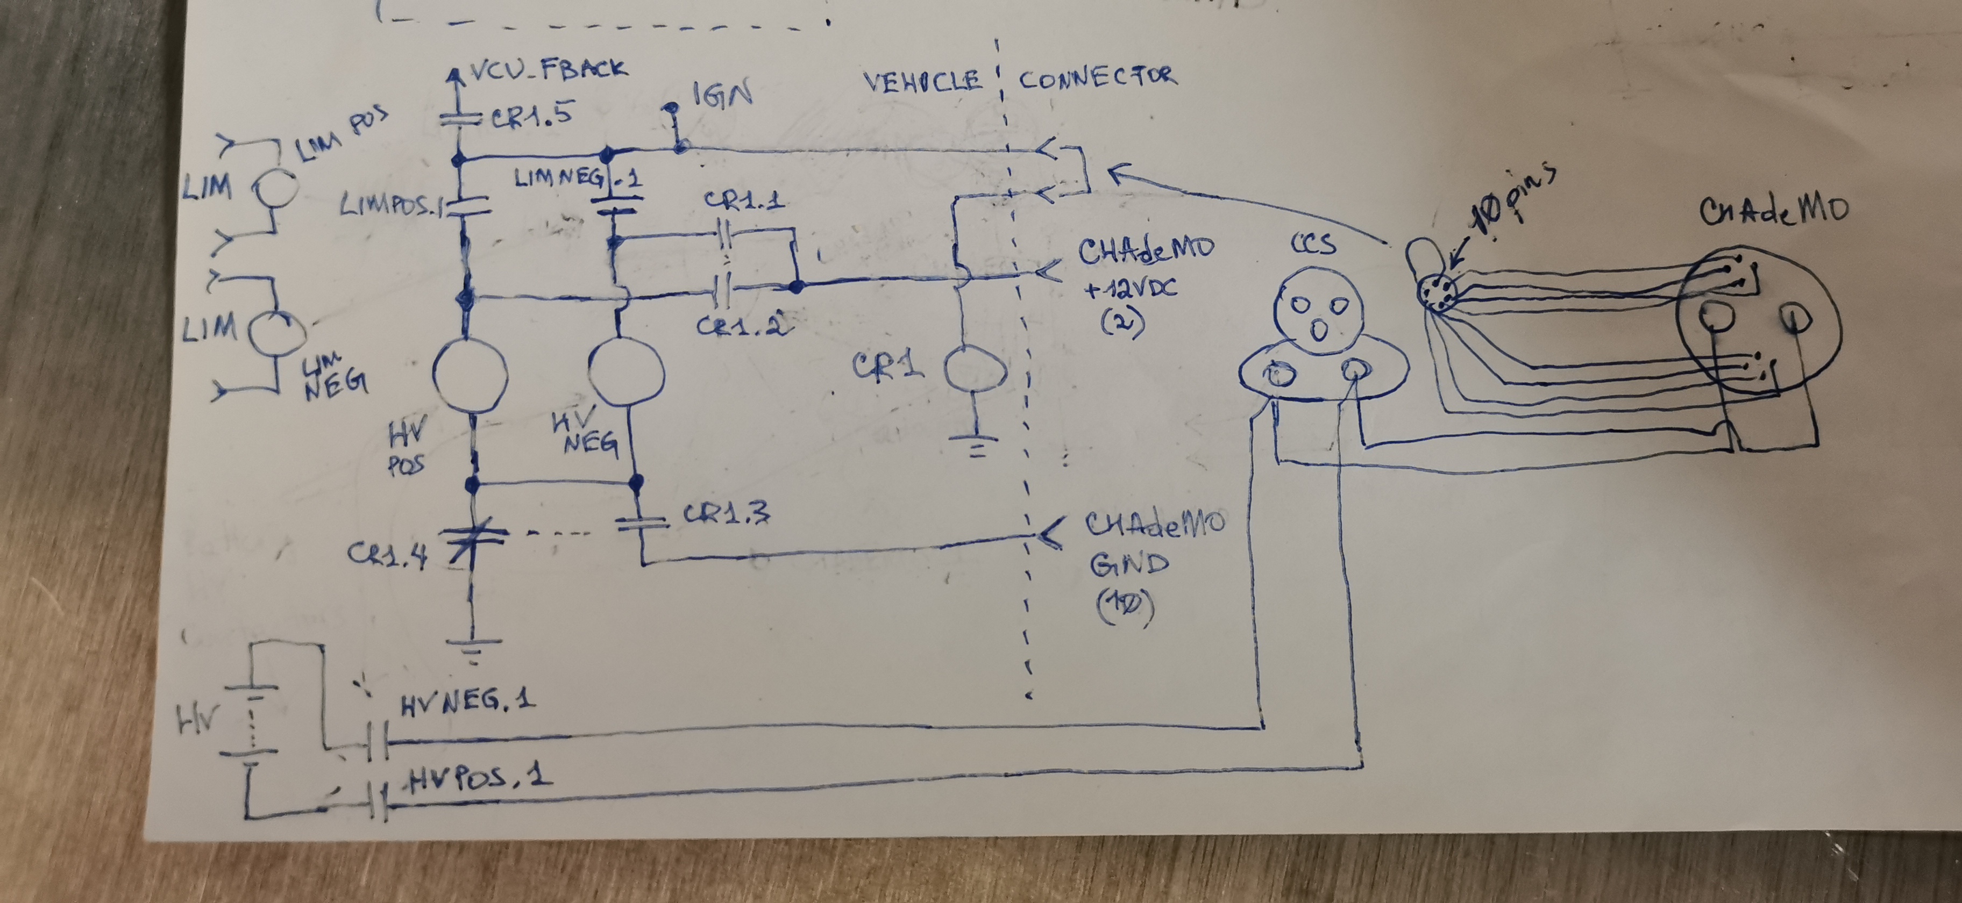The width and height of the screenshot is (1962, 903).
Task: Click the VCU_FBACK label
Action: coord(549,70)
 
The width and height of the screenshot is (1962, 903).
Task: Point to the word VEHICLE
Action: coord(922,81)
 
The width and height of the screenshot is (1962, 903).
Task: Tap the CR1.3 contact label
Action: coord(726,515)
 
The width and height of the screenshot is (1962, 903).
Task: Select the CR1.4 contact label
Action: coord(387,554)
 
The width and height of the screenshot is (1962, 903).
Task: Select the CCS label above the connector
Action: coord(1313,245)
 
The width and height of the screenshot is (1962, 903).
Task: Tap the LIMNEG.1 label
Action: coord(577,179)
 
